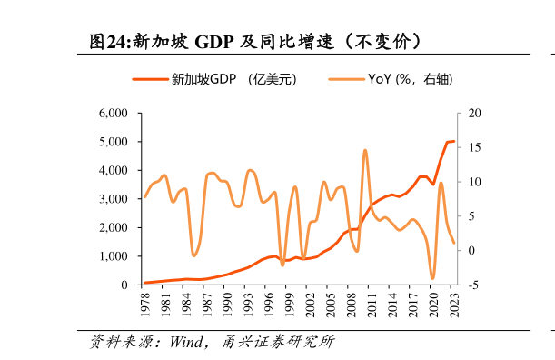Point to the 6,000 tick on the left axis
pyautogui.click(x=114, y=114)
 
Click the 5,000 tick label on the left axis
pyautogui.click(x=114, y=142)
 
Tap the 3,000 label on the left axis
pyautogui.click(x=114, y=199)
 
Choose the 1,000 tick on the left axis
pyautogui.click(x=114, y=256)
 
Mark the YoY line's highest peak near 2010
pyautogui.click(x=365, y=150)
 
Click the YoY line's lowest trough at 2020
pyautogui.click(x=433, y=278)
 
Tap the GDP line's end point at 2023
pyautogui.click(x=454, y=141)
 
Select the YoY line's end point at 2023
pyautogui.click(x=454, y=243)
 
